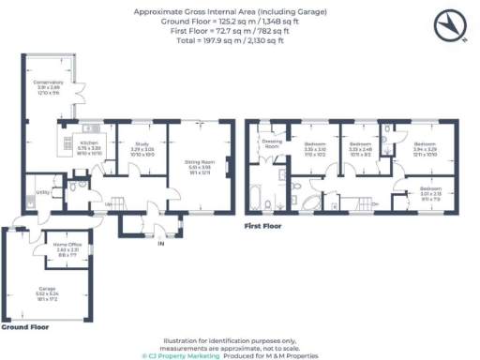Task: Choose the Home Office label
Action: click(69, 247)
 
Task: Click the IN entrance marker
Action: click(159, 244)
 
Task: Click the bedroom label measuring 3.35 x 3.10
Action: click(315, 147)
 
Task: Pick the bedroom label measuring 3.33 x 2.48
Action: click(360, 147)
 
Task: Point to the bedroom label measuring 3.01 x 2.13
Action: click(426, 197)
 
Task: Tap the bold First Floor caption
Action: click(263, 226)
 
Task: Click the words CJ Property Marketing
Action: click(183, 356)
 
